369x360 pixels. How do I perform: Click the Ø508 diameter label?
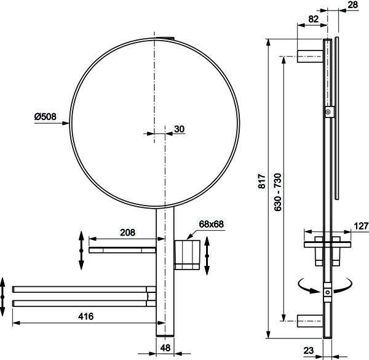pos(46,116)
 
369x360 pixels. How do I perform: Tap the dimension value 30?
pos(180,129)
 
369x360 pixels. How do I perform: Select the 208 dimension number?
pos(127,233)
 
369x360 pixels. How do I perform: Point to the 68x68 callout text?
pos(211,224)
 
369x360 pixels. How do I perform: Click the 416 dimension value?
pos(86,316)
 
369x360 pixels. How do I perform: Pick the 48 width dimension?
pos(165,348)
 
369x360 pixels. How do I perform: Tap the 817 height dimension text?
pos(262,181)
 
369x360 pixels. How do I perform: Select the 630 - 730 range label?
pos(278,192)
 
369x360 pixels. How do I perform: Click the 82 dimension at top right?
pos(313,19)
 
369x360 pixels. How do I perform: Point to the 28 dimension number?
pos(352,5)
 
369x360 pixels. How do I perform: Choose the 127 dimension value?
pos(361,226)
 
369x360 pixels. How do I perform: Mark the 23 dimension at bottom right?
pos(309,351)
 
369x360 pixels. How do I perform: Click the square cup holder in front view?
pos(187,255)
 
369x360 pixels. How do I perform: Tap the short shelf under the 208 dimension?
pos(122,250)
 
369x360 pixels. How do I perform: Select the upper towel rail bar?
pos(84,289)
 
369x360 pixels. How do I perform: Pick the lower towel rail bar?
pos(84,303)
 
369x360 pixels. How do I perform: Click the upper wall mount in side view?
pos(310,56)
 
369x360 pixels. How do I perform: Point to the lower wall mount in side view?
pos(310,321)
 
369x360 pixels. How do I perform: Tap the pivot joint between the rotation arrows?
pos(328,292)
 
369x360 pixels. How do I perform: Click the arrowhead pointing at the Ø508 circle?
pos(66,123)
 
